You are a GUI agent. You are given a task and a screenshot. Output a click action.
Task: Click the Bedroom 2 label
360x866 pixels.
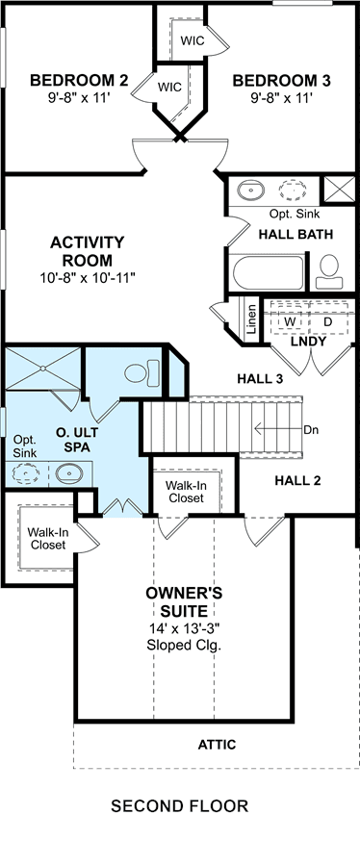pyautogui.click(x=79, y=81)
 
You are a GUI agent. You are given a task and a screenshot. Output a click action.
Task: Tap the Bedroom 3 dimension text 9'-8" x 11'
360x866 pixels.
pyautogui.click(x=282, y=98)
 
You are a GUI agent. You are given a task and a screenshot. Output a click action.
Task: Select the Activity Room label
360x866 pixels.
pyautogui.click(x=88, y=251)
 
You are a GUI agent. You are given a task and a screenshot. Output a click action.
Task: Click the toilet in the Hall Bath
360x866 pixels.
pyautogui.click(x=329, y=271)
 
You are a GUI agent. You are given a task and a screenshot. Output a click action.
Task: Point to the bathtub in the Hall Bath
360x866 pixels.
pyautogui.click(x=268, y=271)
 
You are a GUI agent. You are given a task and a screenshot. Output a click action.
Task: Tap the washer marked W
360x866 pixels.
pyautogui.click(x=289, y=320)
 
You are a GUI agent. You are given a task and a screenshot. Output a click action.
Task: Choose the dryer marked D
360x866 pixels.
pyautogui.click(x=328, y=320)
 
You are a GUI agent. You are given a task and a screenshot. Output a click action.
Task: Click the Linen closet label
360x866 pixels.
pyautogui.click(x=252, y=319)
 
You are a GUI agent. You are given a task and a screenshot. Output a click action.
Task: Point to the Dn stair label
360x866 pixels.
pyautogui.click(x=312, y=428)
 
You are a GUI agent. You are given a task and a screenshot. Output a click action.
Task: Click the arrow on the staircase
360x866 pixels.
pyautogui.click(x=278, y=428)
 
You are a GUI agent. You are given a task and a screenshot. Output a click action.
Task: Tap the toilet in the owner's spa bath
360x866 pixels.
pyautogui.click(x=141, y=372)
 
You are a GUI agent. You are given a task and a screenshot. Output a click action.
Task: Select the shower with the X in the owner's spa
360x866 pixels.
pyautogui.click(x=42, y=368)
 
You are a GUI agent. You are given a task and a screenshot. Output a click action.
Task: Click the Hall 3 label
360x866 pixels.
pyautogui.click(x=260, y=379)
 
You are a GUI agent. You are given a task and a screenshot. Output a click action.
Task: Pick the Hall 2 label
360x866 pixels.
pyautogui.click(x=297, y=480)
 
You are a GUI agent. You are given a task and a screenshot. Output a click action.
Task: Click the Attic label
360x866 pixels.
pyautogui.click(x=217, y=745)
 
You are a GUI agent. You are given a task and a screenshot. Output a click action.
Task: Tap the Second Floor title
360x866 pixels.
pyautogui.click(x=179, y=805)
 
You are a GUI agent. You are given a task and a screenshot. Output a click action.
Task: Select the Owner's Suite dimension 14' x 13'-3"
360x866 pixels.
pyautogui.click(x=184, y=628)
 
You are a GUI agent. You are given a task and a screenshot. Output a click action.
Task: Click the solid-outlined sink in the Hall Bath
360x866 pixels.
pyautogui.click(x=250, y=191)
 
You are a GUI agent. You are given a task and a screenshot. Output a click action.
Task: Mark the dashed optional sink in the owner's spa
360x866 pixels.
pyautogui.click(x=25, y=474)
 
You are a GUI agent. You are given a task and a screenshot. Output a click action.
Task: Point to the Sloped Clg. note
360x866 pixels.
pyautogui.click(x=184, y=645)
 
